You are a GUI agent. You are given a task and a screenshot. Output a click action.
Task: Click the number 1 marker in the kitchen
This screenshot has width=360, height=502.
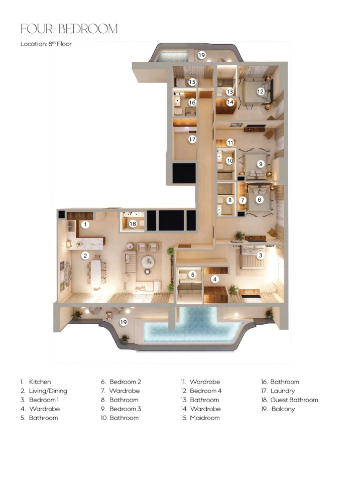click(x=85, y=224)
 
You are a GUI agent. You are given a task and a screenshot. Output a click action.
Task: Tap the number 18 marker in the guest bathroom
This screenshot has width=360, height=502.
click(x=133, y=224)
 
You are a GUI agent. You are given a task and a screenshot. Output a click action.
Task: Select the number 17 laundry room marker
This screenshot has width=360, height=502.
click(x=192, y=140)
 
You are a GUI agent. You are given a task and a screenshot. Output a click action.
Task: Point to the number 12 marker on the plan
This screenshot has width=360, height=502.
click(x=260, y=91)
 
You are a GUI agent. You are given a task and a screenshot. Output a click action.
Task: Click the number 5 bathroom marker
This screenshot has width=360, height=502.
click(x=192, y=275)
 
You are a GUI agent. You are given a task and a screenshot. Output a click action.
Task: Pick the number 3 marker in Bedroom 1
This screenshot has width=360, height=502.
click(x=261, y=255)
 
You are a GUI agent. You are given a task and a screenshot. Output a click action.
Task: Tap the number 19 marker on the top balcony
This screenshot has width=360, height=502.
click(x=201, y=55)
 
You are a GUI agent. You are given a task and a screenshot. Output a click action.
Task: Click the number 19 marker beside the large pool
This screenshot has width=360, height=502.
click(x=124, y=322)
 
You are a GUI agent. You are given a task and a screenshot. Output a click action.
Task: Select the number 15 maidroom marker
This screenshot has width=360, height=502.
click(x=192, y=82)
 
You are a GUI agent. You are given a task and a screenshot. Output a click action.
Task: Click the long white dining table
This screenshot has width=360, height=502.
click(x=96, y=273)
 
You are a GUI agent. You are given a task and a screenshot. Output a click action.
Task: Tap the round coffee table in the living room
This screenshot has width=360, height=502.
click(x=148, y=262)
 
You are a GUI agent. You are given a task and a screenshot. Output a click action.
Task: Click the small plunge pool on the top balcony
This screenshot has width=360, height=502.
click(x=173, y=56)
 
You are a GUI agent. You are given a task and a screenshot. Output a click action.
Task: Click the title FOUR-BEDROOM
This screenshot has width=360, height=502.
click(x=69, y=29)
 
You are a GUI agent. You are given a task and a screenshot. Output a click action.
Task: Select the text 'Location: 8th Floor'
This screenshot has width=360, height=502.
click(x=46, y=44)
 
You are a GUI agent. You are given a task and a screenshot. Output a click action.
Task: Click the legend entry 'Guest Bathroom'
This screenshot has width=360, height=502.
click(x=294, y=400)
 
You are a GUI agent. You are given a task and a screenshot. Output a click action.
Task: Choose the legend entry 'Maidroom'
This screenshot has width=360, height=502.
click(x=205, y=418)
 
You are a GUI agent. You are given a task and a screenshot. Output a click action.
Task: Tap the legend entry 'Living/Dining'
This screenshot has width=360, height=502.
click(x=48, y=391)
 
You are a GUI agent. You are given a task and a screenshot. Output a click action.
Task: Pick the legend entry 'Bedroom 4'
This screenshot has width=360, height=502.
click(x=206, y=391)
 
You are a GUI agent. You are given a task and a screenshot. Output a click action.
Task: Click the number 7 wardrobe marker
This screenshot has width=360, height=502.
click(x=243, y=200)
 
